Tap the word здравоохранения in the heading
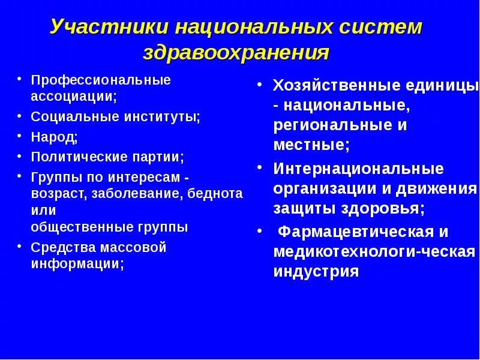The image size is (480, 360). click(236, 52)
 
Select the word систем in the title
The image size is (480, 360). click(382, 28)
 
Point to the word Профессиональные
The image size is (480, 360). click(101, 80)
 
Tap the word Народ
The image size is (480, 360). click(53, 137)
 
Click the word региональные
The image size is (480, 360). click(326, 126)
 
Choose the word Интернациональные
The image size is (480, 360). click(358, 169)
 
